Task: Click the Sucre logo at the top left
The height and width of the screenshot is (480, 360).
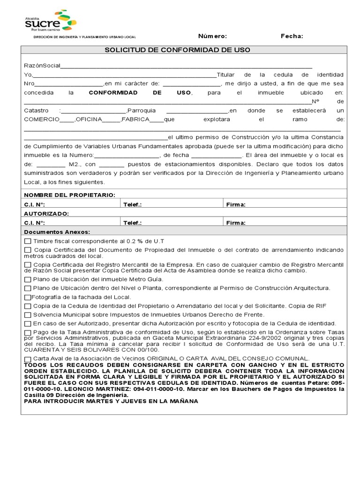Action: pos(50,21)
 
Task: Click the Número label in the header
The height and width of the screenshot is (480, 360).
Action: pos(212,36)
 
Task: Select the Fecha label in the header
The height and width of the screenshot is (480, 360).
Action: pos(292,36)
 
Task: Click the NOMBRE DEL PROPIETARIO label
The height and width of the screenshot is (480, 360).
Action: pos(69,195)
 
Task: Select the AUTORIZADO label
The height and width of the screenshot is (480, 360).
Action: pos(46,213)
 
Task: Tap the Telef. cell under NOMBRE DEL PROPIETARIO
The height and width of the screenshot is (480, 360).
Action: pos(171,204)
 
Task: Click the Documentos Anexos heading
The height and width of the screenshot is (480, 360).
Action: pos(57,232)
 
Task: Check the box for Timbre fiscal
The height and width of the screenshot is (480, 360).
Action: pos(28,241)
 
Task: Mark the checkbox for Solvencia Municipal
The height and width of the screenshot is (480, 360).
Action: pos(28,315)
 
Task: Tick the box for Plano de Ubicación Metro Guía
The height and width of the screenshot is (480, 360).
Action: pos(28,279)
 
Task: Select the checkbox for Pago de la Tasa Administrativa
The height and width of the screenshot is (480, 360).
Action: pos(28,332)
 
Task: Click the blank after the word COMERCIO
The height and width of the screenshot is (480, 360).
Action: pos(67,120)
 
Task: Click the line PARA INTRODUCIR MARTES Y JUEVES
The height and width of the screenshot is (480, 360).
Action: pos(111,401)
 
